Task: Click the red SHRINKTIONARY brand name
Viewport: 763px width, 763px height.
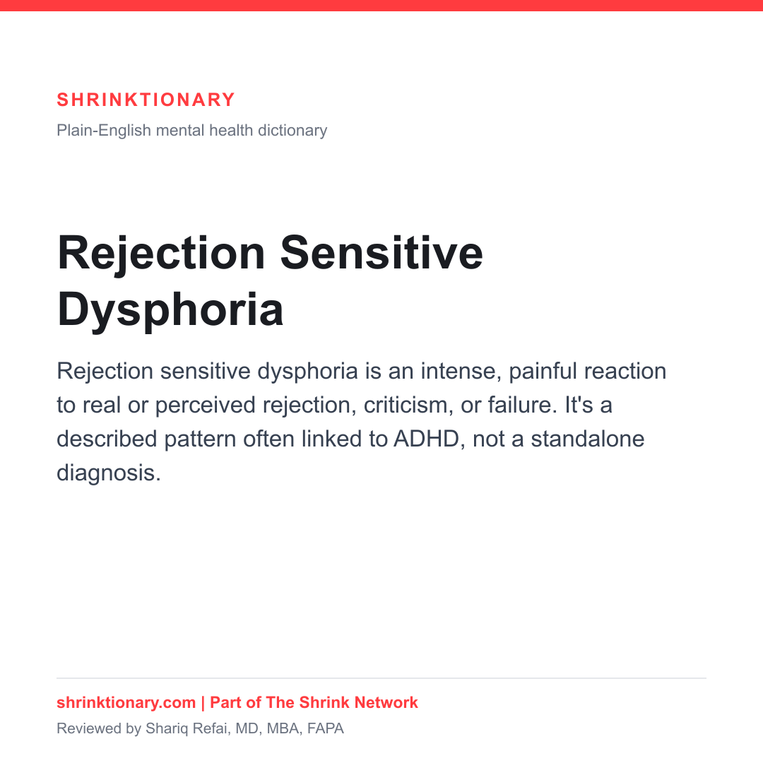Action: pyautogui.click(x=146, y=100)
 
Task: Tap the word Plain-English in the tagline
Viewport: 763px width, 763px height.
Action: pyautogui.click(x=104, y=131)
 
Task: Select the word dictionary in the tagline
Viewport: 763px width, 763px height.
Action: pyautogui.click(x=292, y=131)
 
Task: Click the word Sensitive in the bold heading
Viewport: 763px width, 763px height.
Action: pyautogui.click(x=381, y=253)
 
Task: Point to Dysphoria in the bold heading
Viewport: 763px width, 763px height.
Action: pyautogui.click(x=170, y=310)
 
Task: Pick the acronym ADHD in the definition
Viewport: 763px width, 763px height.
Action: pyautogui.click(x=426, y=439)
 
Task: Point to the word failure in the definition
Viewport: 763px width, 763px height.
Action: pyautogui.click(x=522, y=405)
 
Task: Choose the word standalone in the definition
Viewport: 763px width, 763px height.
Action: pyautogui.click(x=587, y=439)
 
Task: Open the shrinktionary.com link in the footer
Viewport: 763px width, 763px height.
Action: pyautogui.click(x=126, y=703)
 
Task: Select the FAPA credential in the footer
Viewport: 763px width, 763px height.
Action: pyautogui.click(x=326, y=728)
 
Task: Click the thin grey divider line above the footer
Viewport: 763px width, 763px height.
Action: pyautogui.click(x=381, y=678)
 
